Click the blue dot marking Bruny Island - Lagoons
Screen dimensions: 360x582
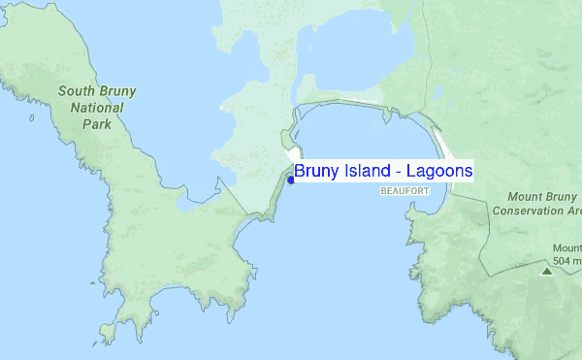pos(291,180)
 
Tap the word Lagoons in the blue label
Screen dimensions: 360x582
pos(439,171)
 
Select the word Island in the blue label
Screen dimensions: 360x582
pos(367,171)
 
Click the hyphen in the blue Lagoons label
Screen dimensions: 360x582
pos(400,172)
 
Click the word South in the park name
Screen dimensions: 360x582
pos(76,92)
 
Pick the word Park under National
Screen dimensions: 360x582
pos(96,125)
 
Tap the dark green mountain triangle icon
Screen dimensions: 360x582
pos(546,272)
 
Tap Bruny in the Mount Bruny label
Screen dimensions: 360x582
pos(559,196)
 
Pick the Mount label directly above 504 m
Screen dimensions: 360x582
pos(566,247)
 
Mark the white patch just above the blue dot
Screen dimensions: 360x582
pos(292,157)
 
